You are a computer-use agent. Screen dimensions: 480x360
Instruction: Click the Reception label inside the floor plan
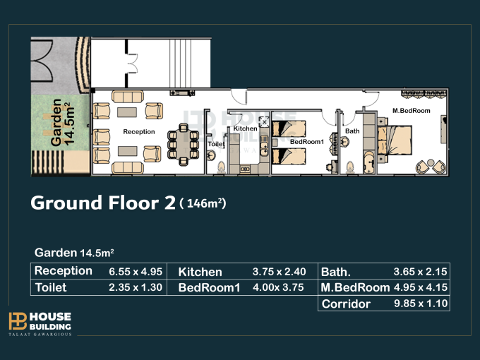click(x=139, y=131)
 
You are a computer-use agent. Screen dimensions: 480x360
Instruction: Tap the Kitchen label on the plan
click(x=245, y=128)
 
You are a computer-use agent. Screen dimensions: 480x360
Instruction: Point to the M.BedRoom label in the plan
click(x=411, y=111)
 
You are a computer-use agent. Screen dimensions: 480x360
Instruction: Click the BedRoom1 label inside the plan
click(x=307, y=142)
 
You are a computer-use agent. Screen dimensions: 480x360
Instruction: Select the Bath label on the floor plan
click(x=352, y=131)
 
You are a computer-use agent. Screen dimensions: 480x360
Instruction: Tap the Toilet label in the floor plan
click(x=217, y=144)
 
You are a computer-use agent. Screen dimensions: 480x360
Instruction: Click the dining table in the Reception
click(x=184, y=144)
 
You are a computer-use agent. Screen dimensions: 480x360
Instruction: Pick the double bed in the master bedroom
click(x=395, y=140)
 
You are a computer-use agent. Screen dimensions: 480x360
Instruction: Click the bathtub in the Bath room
click(x=369, y=162)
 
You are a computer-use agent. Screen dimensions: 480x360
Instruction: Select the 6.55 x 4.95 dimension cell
click(x=136, y=272)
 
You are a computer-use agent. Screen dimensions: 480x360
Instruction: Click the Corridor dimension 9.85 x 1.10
click(x=421, y=304)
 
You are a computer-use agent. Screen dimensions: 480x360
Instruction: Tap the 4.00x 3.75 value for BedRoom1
click(x=278, y=287)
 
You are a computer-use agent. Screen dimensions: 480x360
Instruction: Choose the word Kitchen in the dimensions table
click(x=200, y=272)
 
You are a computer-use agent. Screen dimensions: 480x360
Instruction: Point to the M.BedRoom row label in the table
click(x=355, y=287)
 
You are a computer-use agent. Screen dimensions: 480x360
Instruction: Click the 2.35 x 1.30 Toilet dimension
click(x=136, y=287)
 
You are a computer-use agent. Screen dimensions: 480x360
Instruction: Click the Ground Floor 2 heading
click(x=103, y=203)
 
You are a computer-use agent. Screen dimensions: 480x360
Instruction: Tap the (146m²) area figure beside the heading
click(x=203, y=203)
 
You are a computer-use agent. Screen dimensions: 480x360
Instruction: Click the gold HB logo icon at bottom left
click(x=18, y=321)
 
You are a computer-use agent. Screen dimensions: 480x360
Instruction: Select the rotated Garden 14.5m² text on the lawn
click(x=62, y=122)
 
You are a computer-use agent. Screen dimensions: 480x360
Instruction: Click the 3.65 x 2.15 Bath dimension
click(x=420, y=272)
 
